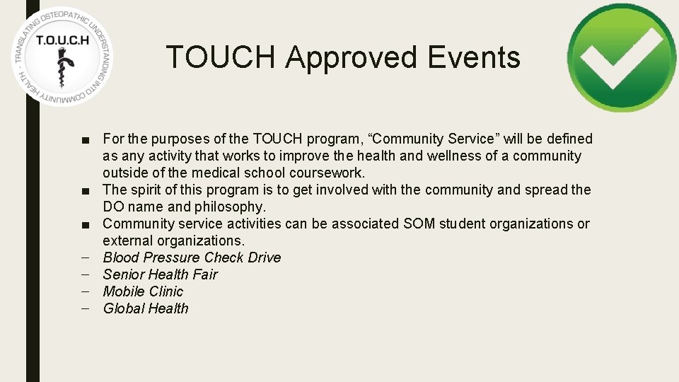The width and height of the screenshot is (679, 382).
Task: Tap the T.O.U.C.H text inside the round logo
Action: click(x=62, y=40)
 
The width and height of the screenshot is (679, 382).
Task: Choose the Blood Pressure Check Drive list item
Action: click(x=192, y=257)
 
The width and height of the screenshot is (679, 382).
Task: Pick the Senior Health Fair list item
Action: click(x=160, y=274)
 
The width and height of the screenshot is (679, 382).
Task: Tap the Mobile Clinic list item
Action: click(x=143, y=291)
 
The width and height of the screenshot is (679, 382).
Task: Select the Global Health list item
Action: click(x=146, y=308)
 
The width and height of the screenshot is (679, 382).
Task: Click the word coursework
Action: click(x=330, y=173)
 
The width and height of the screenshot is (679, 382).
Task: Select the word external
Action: click(x=127, y=241)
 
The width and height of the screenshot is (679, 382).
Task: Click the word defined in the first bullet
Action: click(x=567, y=139)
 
